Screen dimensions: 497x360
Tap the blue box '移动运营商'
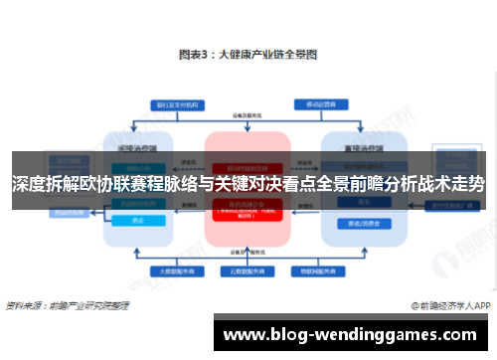point(318,104)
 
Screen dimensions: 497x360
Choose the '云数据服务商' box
point(248,270)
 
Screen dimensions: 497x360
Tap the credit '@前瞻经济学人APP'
point(446,305)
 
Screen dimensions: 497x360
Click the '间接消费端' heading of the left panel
point(137,147)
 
